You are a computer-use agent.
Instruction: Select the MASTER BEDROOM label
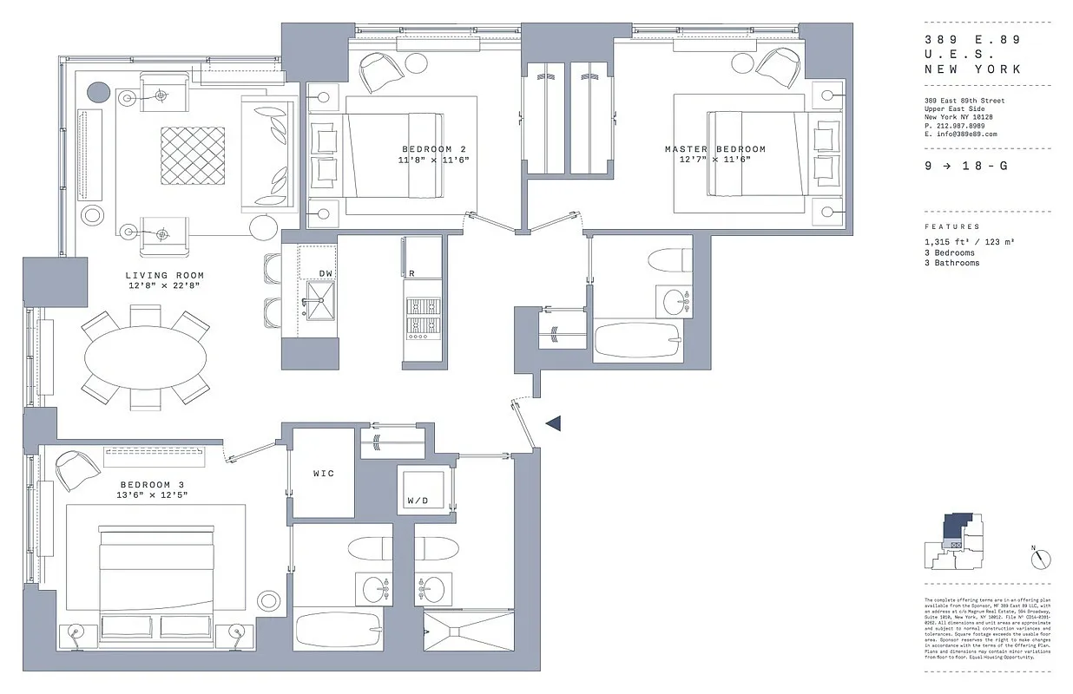click(x=715, y=149)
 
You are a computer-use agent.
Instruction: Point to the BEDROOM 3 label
click(x=153, y=484)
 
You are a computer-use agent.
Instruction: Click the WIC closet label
click(x=323, y=474)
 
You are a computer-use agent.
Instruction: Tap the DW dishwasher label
click(x=326, y=273)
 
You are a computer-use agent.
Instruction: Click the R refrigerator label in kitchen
click(x=411, y=273)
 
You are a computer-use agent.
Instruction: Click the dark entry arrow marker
click(x=553, y=422)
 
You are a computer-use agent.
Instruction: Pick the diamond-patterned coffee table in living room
click(x=192, y=156)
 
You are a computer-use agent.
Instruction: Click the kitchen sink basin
click(x=319, y=304)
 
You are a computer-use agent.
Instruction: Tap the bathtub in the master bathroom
click(x=638, y=339)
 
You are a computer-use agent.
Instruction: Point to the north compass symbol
click(x=1041, y=560)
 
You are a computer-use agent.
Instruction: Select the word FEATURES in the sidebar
click(x=951, y=226)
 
